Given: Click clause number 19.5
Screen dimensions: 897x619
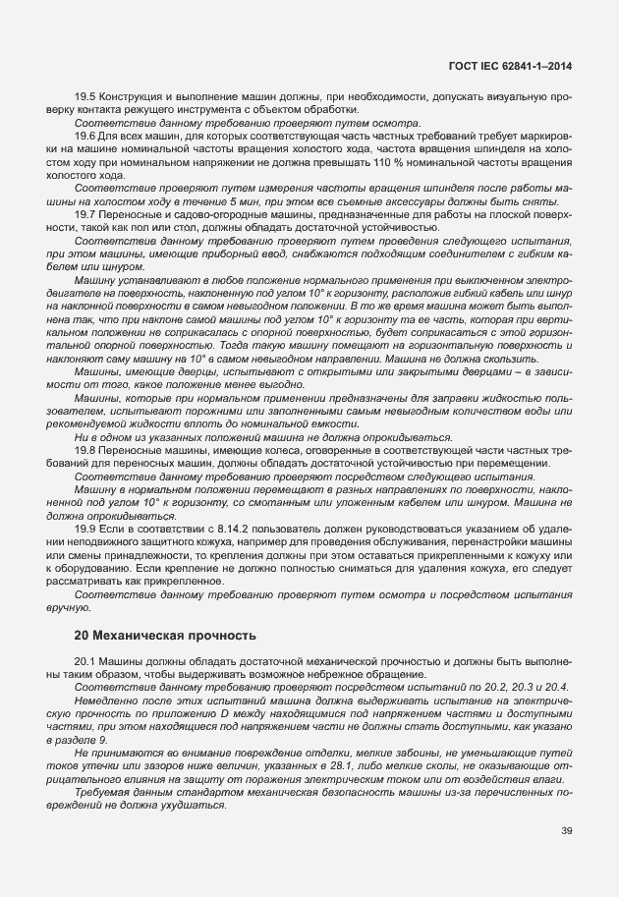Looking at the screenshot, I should click(x=86, y=96).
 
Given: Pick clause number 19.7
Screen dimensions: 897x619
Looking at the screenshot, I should click(x=86, y=211).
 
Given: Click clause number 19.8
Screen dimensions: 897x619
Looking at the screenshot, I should click(x=86, y=450).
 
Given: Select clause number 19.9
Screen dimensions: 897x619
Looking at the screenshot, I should click(x=86, y=530).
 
